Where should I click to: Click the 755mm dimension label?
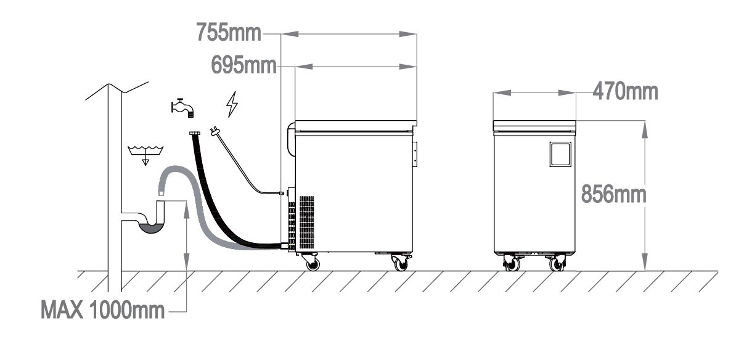(x=228, y=33)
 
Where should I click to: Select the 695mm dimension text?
(x=243, y=65)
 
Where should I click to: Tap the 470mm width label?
(x=625, y=91)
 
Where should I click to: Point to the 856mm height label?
(x=613, y=194)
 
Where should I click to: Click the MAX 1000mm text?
(x=103, y=309)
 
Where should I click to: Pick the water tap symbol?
(x=182, y=108)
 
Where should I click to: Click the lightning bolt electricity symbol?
(x=232, y=104)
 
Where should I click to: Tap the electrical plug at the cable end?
(x=213, y=131)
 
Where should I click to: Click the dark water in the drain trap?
(x=152, y=228)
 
